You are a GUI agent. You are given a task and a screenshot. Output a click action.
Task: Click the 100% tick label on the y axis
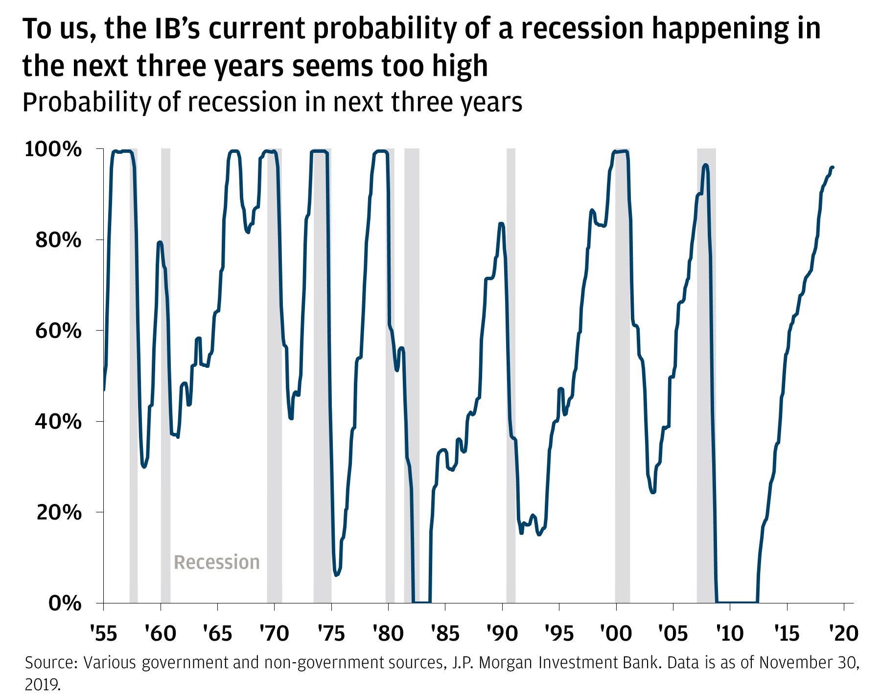click(x=53, y=149)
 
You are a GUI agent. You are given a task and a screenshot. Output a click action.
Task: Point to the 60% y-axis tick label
click(x=58, y=331)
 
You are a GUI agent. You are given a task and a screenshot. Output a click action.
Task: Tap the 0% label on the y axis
click(x=65, y=603)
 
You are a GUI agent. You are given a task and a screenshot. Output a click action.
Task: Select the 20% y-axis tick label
click(x=58, y=512)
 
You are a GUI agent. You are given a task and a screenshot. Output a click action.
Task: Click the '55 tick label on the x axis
click(x=104, y=633)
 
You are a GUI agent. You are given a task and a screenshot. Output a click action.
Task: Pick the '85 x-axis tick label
click(x=445, y=633)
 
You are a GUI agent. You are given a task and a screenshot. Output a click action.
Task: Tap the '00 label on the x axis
click(x=616, y=633)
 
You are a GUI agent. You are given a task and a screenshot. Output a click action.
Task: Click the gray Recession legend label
click(x=217, y=562)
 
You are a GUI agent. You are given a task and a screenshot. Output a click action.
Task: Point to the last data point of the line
click(x=833, y=167)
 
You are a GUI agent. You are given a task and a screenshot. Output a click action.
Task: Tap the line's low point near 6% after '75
click(x=336, y=575)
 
